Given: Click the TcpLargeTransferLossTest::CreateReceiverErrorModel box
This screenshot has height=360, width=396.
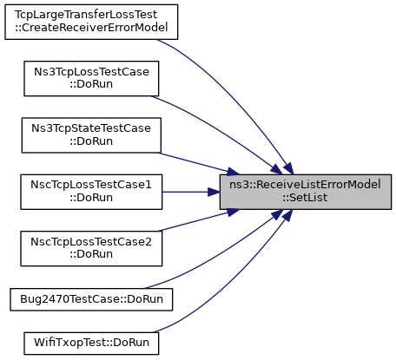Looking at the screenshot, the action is [x=91, y=22].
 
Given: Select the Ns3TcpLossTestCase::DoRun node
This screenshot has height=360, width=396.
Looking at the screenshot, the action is [x=91, y=78].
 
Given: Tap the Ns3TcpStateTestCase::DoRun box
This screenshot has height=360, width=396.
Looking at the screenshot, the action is [x=91, y=135].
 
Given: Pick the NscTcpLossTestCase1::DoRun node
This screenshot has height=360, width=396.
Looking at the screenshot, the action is [x=91, y=192].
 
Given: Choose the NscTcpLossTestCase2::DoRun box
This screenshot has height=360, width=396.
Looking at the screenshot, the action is [x=91, y=248].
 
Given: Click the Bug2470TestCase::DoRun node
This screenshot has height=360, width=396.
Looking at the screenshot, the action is [x=91, y=299].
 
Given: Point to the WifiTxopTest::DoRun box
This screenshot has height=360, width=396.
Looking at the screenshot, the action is [x=91, y=344].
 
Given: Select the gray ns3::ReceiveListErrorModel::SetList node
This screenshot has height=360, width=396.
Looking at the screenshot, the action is [x=306, y=192].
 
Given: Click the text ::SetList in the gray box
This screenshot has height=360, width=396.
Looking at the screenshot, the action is [x=305, y=198].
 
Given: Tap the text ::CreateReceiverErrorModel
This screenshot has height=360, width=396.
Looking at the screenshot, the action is [x=91, y=27].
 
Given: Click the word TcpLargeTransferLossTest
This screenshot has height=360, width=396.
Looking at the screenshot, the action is [x=86, y=15].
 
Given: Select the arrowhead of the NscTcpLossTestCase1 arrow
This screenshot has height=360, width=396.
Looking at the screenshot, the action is [x=214, y=192].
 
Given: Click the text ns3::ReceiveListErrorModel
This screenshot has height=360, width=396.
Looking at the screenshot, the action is [x=305, y=185].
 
